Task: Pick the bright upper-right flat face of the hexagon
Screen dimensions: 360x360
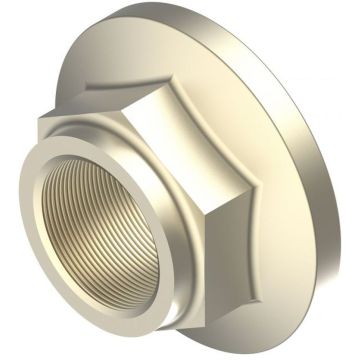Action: point(215,150)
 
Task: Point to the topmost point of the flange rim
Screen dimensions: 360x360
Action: point(215,8)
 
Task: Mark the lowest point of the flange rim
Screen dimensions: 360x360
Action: point(250,345)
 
